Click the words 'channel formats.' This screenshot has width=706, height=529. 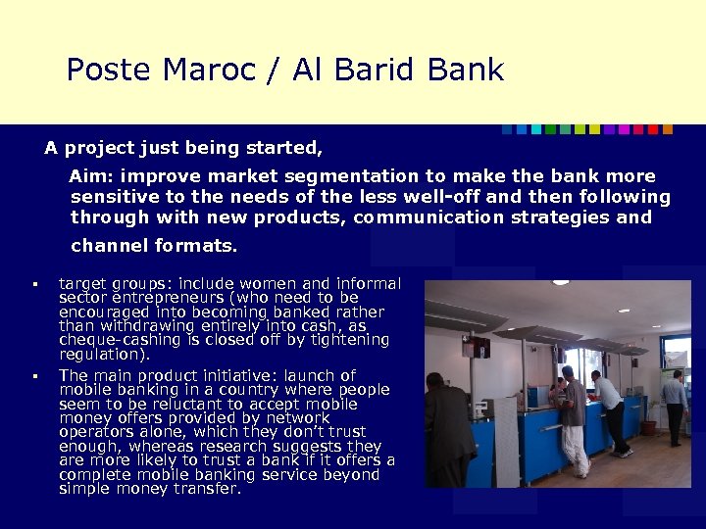(x=154, y=245)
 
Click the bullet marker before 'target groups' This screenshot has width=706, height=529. (x=33, y=285)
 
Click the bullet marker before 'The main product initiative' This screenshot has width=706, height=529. (x=33, y=376)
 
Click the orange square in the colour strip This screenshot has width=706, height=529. (x=668, y=129)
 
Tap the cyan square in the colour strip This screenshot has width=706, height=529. (x=522, y=129)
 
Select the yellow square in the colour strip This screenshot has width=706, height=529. (x=580, y=129)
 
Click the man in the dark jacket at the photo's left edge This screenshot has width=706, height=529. (x=447, y=431)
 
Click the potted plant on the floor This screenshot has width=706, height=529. (x=650, y=420)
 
